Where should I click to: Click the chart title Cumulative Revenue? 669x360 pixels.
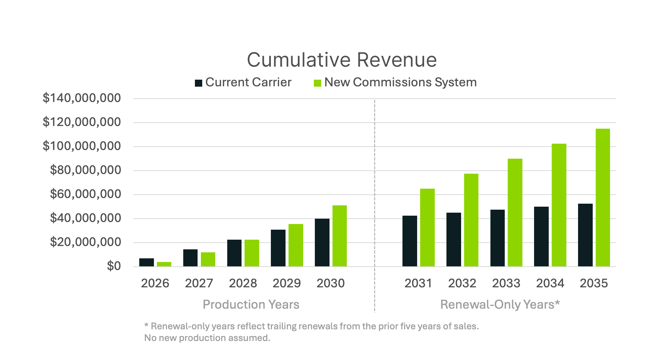click(x=341, y=60)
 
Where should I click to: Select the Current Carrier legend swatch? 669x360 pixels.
click(x=199, y=83)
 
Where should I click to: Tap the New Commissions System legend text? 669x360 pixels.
click(x=400, y=82)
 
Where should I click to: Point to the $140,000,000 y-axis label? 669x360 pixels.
click(x=82, y=98)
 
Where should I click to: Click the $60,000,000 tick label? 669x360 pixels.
click(x=85, y=194)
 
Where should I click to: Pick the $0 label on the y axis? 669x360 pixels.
click(x=114, y=266)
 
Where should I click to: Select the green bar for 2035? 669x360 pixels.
click(x=602, y=197)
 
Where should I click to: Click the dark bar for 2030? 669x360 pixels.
click(x=322, y=242)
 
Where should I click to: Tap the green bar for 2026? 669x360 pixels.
click(x=164, y=264)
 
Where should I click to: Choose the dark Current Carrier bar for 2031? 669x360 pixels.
click(x=409, y=241)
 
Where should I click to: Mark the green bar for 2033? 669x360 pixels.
click(x=515, y=212)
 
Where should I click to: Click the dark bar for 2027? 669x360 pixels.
click(x=190, y=258)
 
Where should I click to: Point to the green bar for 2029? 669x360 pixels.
click(x=296, y=245)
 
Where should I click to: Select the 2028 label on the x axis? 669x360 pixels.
click(x=243, y=283)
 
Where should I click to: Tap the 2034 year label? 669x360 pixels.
click(x=550, y=283)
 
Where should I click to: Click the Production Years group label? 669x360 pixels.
click(x=251, y=304)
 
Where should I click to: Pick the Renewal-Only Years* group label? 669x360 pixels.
click(x=500, y=304)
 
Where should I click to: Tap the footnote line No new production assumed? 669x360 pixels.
click(x=207, y=338)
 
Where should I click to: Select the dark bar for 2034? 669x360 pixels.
click(x=541, y=236)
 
